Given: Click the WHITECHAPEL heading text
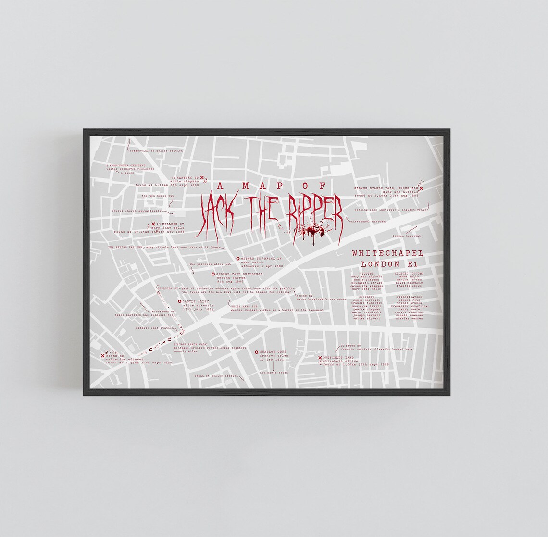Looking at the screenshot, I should tap(387, 253).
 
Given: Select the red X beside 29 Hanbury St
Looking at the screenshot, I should tap(202, 177).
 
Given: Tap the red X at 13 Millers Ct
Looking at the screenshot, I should tap(153, 225).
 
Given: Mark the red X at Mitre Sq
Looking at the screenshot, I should tap(102, 356).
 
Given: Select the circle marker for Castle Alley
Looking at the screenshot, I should tap(179, 302).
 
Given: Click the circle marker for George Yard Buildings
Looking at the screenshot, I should tap(213, 274).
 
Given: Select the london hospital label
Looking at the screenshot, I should tap(406, 236).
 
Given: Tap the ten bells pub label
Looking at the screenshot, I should tap(153, 196).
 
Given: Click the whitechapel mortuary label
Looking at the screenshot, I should tap(367, 222).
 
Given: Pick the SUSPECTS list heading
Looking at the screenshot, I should tap(366, 297).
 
